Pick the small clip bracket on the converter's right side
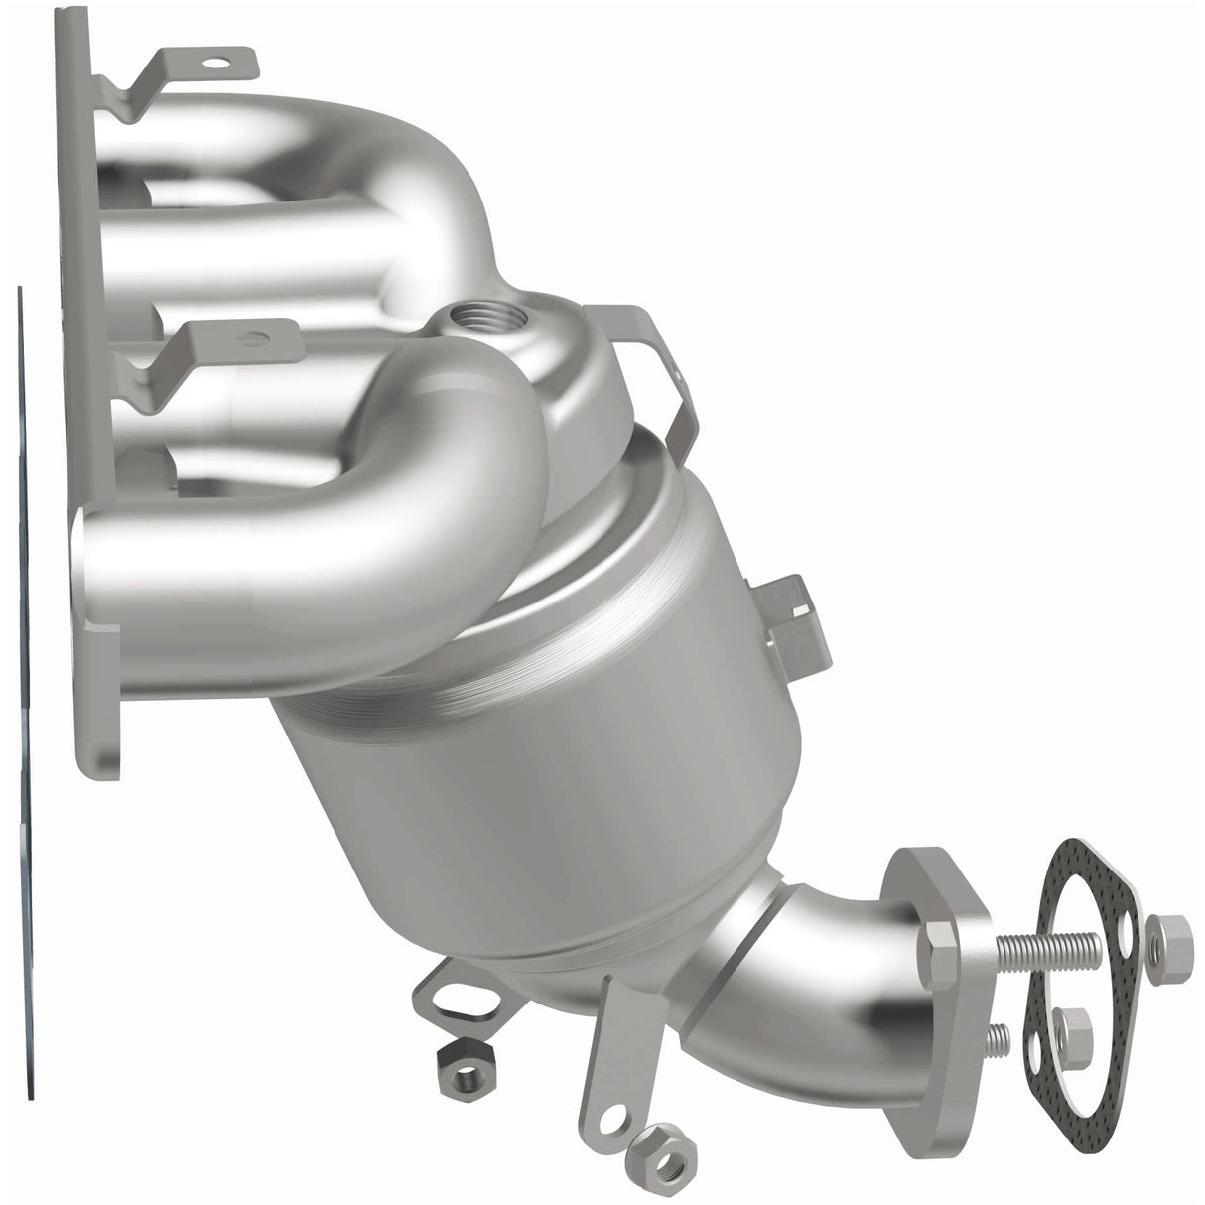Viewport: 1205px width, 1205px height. [x=794, y=615]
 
